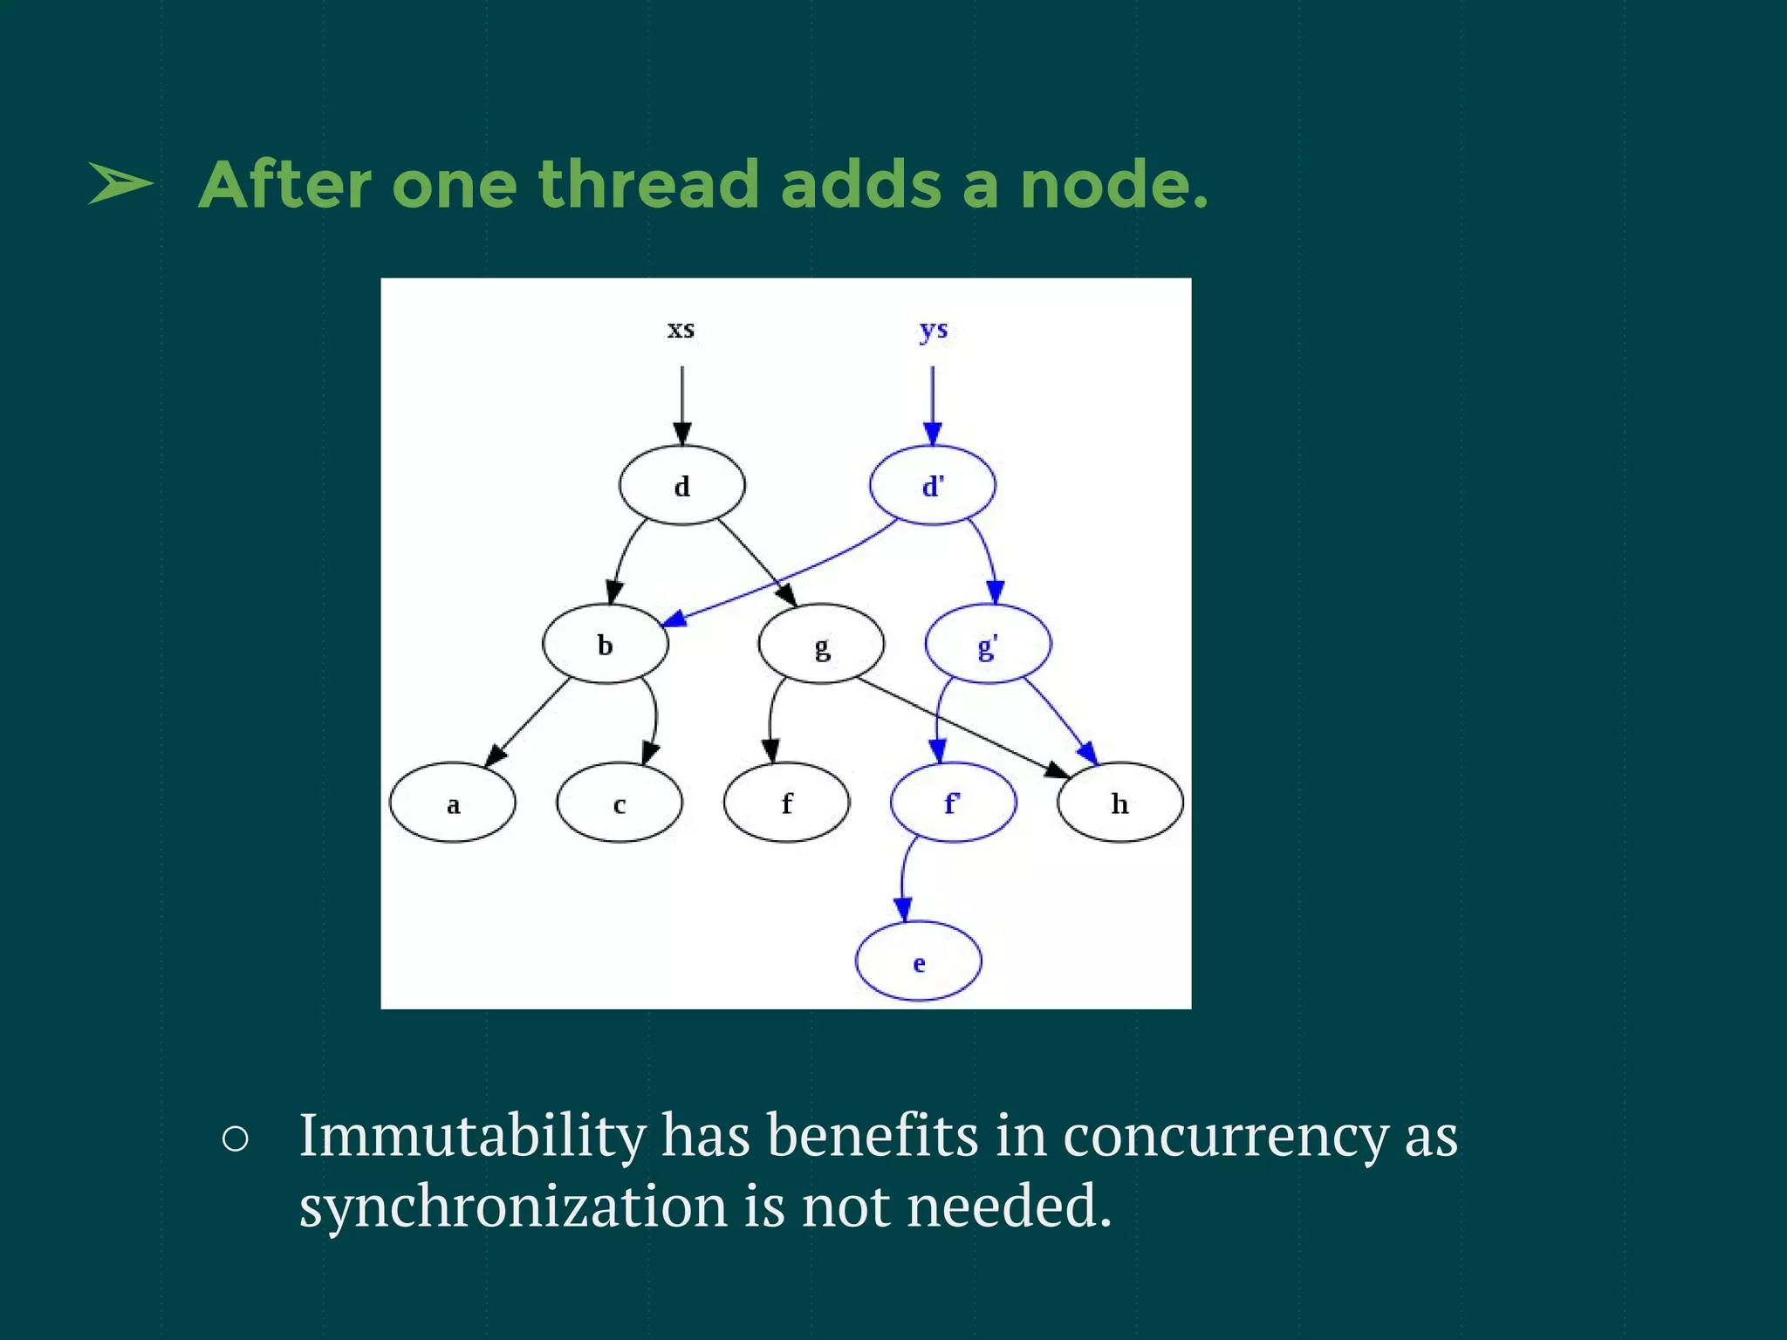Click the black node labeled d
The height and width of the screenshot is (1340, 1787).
pyautogui.click(x=681, y=485)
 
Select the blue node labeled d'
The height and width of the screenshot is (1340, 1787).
pyautogui.click(x=932, y=485)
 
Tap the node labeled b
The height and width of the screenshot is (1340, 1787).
pyautogui.click(x=605, y=644)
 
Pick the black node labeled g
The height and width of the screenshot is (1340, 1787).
pyautogui.click(x=821, y=644)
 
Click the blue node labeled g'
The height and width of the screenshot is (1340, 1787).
pyautogui.click(x=988, y=644)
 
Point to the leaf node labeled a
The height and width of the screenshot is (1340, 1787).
pyautogui.click(x=452, y=803)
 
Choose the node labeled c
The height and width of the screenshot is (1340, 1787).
pyautogui.click(x=619, y=803)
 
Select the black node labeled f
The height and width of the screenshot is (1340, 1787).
pyautogui.click(x=786, y=803)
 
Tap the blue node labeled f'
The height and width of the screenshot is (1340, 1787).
pyautogui.click(x=953, y=803)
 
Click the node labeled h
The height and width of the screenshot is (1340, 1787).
pyautogui.click(x=1119, y=803)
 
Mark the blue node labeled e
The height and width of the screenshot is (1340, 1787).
pyautogui.click(x=918, y=961)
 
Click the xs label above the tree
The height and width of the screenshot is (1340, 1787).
pyautogui.click(x=681, y=330)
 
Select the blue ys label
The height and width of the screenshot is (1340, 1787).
pyautogui.click(x=933, y=330)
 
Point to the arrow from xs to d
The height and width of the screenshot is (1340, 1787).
pyautogui.click(x=682, y=401)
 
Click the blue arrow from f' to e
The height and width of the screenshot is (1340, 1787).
pyautogui.click(x=904, y=877)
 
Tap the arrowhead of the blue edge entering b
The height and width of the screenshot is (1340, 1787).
pyautogui.click(x=674, y=619)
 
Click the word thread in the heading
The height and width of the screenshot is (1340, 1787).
pyautogui.click(x=647, y=185)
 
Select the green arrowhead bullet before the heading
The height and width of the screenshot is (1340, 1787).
pyautogui.click(x=120, y=184)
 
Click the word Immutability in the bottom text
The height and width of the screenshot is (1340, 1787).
pyautogui.click(x=472, y=1136)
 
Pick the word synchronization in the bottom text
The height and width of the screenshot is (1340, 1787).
pyautogui.click(x=513, y=1207)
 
